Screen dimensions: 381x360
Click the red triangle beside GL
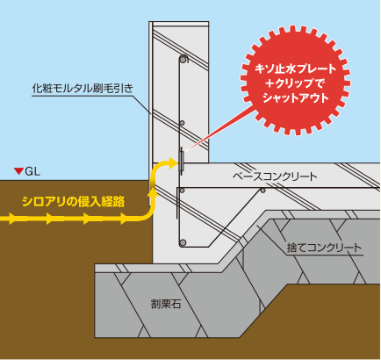19,171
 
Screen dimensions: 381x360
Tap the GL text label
32,171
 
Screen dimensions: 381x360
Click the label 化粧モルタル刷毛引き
83,89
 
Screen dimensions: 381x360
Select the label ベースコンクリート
275,176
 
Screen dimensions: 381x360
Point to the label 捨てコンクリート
324,248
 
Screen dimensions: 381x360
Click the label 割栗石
166,304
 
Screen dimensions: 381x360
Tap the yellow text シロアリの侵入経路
74,202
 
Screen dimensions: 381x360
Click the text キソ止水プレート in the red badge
296,69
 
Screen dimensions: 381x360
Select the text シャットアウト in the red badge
296,97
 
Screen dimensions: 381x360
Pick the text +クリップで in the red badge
296,83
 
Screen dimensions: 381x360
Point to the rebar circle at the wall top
183,59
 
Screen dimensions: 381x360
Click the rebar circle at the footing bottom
183,242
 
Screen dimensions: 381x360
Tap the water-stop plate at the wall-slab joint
182,161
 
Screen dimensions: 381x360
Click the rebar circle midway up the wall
182,123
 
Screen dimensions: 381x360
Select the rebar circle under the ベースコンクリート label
263,191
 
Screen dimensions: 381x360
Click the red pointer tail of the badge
218,130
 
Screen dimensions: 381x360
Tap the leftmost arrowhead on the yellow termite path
11,219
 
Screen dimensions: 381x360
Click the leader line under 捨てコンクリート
325,255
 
